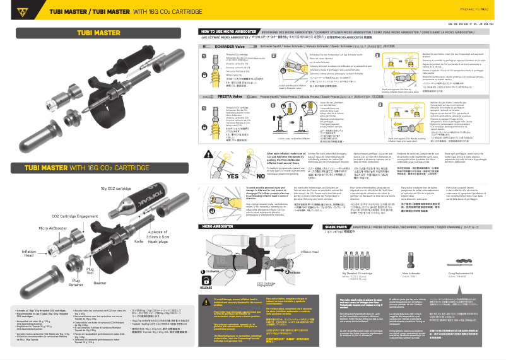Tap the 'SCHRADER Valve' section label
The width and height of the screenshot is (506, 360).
pyautogui.click(x=226, y=47)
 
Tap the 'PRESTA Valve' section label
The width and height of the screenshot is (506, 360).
pyautogui.click(x=225, y=96)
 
